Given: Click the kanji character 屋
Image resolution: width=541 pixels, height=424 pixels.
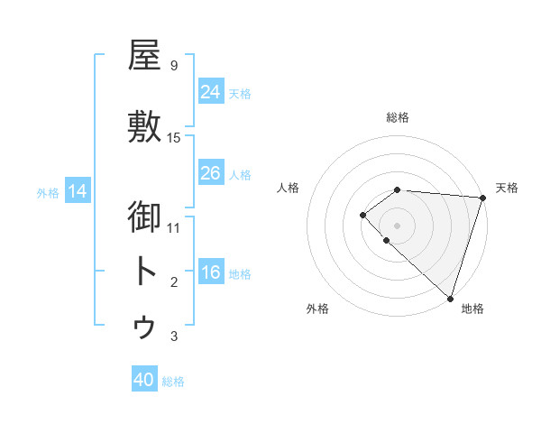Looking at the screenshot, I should [x=145, y=57].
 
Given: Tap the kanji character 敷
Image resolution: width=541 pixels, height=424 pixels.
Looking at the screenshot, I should [x=145, y=128].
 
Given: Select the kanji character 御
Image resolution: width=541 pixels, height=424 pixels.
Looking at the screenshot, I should [x=145, y=217].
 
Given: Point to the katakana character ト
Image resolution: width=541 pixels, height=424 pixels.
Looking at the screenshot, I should [x=145, y=271].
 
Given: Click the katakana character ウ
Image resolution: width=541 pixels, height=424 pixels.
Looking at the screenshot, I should [x=145, y=327].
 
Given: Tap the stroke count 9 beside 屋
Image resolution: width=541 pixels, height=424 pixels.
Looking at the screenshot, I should [x=174, y=65].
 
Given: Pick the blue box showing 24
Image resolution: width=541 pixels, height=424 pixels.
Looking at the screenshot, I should [x=211, y=91].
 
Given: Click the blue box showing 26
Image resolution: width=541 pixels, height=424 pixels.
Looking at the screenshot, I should [x=211, y=172].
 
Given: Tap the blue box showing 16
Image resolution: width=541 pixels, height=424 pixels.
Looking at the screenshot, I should [x=211, y=272].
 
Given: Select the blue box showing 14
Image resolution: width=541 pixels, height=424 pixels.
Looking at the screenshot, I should [x=78, y=190].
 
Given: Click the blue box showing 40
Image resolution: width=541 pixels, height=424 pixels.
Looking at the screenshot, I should [x=144, y=380].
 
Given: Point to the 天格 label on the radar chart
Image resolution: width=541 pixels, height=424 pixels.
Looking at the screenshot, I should [x=507, y=188].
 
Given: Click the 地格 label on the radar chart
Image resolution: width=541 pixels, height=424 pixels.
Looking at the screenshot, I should [x=472, y=309].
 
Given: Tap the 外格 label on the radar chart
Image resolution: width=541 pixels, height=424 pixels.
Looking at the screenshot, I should [x=317, y=309].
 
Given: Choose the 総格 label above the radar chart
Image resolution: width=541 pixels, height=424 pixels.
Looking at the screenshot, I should [x=398, y=117].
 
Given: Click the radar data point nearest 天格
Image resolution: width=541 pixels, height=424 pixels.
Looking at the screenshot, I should [x=482, y=198].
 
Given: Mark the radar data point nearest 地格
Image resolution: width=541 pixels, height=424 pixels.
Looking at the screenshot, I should [x=450, y=298].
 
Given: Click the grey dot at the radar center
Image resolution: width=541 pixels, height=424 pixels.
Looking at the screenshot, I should [x=397, y=225].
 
